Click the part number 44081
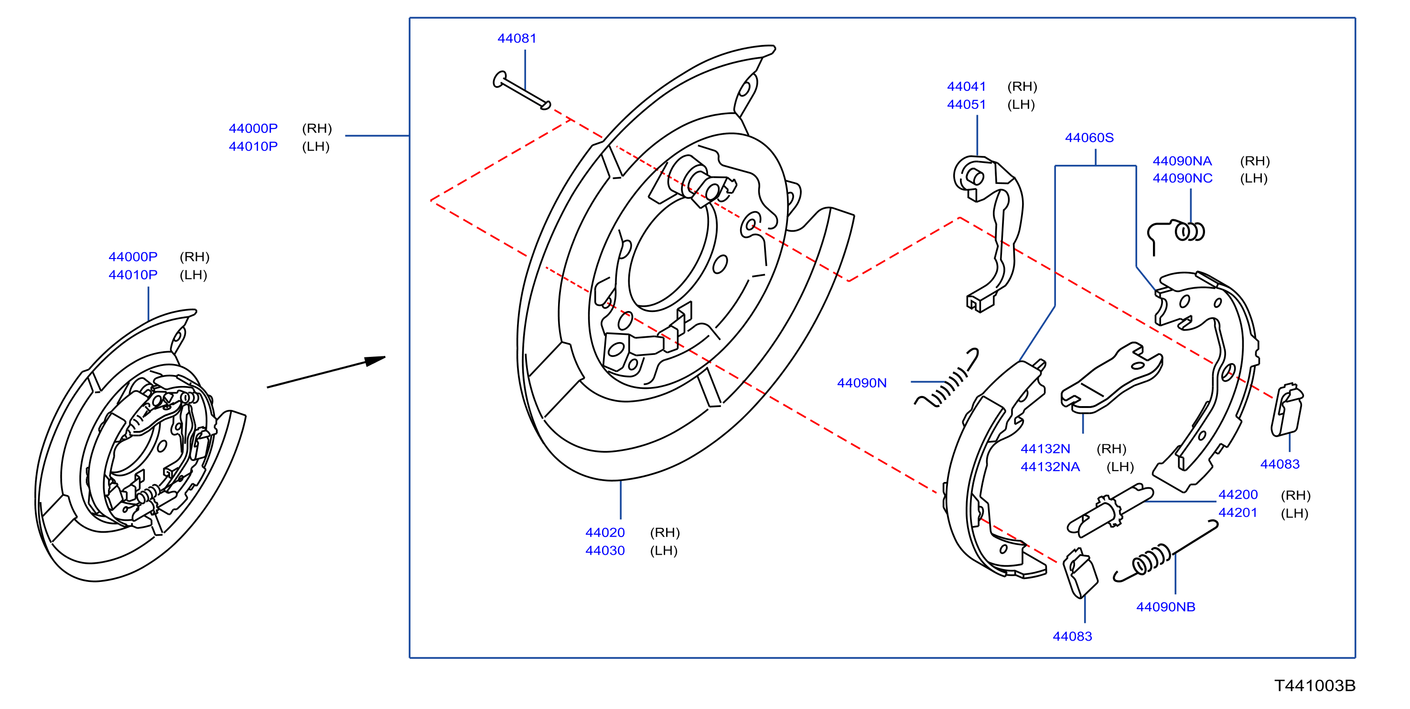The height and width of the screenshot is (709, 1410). [x=517, y=38]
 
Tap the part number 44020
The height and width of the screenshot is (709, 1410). [x=605, y=532]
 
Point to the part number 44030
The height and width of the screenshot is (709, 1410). [x=605, y=550]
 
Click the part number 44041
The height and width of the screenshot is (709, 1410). [x=966, y=86]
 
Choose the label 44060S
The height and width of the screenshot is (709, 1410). [x=1089, y=138]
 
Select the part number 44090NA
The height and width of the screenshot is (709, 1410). [x=1182, y=161]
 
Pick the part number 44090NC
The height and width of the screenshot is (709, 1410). [x=1182, y=179]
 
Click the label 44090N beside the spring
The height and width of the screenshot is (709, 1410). [x=861, y=383]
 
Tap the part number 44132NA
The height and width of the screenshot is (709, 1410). [x=1050, y=467]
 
